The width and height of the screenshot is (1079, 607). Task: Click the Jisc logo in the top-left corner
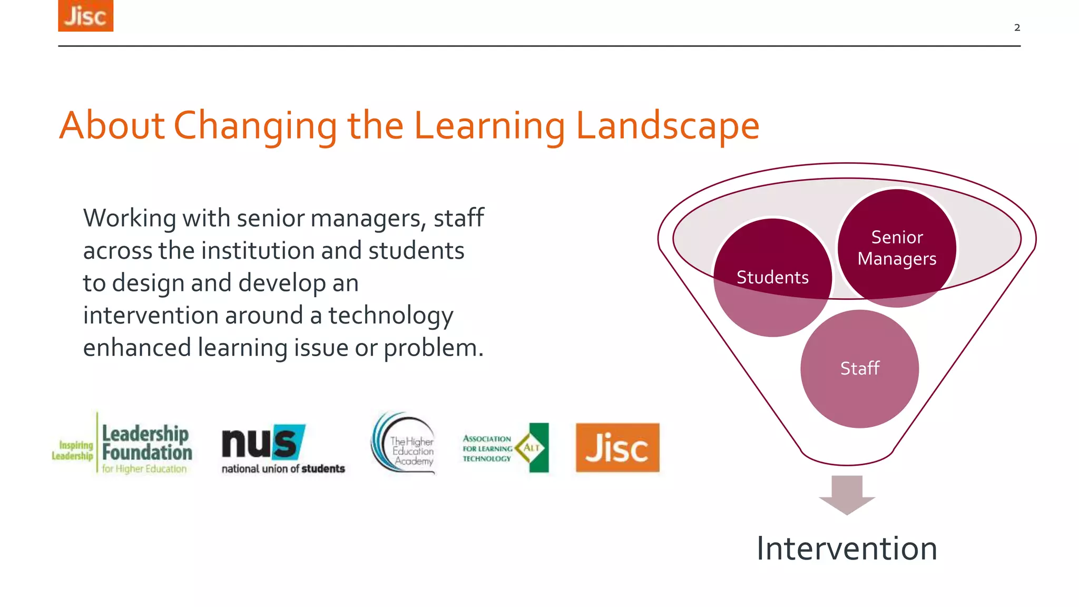point(85,16)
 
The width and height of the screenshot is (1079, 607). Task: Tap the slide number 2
point(1017,27)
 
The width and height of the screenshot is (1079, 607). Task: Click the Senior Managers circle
point(897,248)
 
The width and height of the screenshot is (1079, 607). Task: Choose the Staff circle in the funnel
point(859,368)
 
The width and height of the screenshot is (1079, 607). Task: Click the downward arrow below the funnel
point(847,494)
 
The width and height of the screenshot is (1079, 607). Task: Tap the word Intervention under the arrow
point(847,549)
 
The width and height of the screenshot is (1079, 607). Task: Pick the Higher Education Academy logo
point(405,444)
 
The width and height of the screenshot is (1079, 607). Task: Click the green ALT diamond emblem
point(533,447)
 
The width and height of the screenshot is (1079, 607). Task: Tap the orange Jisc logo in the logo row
point(617,447)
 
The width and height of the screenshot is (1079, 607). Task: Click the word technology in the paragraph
point(390,316)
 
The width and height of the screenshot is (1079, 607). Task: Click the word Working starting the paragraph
point(130,218)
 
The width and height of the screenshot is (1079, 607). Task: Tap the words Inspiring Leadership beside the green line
point(73,451)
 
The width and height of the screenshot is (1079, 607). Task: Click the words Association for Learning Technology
point(487,448)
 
